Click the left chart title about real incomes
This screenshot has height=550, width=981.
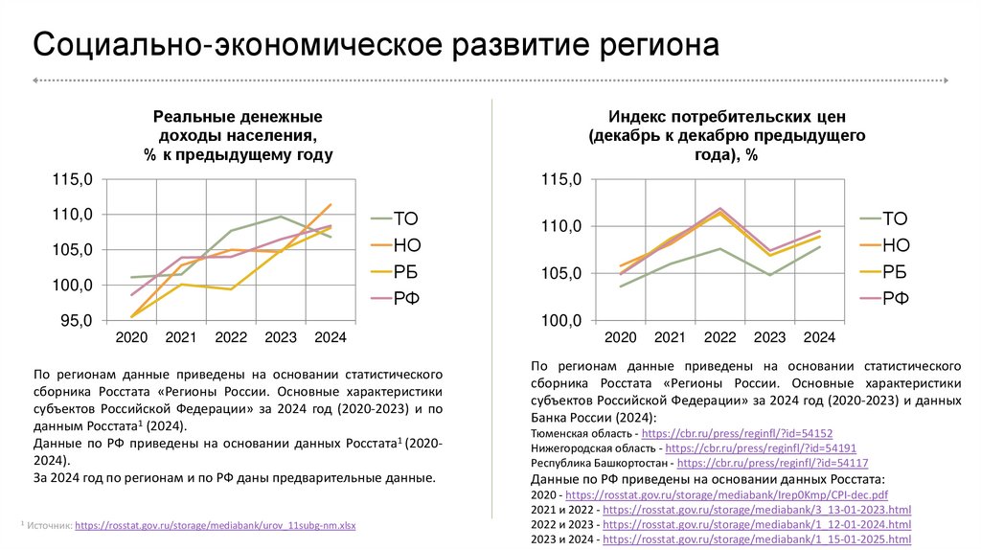(x=239, y=135)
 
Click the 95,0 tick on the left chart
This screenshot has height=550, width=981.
(x=75, y=321)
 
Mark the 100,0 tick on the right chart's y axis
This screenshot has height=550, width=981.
(x=561, y=321)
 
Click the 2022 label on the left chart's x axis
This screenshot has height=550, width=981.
(x=231, y=338)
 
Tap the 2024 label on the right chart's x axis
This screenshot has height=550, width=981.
(x=819, y=338)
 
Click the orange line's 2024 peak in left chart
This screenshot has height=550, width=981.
(x=331, y=204)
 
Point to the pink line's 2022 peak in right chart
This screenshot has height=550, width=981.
(x=719, y=208)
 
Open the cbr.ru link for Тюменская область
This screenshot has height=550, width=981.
(x=742, y=434)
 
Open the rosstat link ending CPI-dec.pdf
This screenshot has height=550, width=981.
(x=727, y=494)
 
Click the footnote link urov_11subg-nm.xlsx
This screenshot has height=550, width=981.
(x=216, y=526)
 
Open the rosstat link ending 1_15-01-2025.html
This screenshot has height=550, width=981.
(x=757, y=540)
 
